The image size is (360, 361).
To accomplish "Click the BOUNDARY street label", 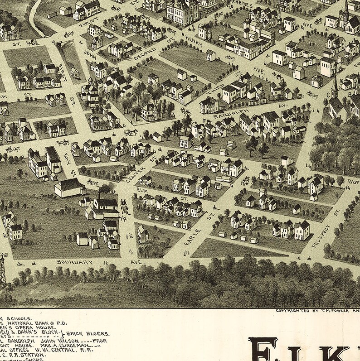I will [x=75, y=262].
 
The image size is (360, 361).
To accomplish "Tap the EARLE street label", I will [x=192, y=237].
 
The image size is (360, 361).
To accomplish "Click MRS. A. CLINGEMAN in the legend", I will [x=77, y=345].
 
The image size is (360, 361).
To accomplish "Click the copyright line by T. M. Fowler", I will [x=317, y=311].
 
